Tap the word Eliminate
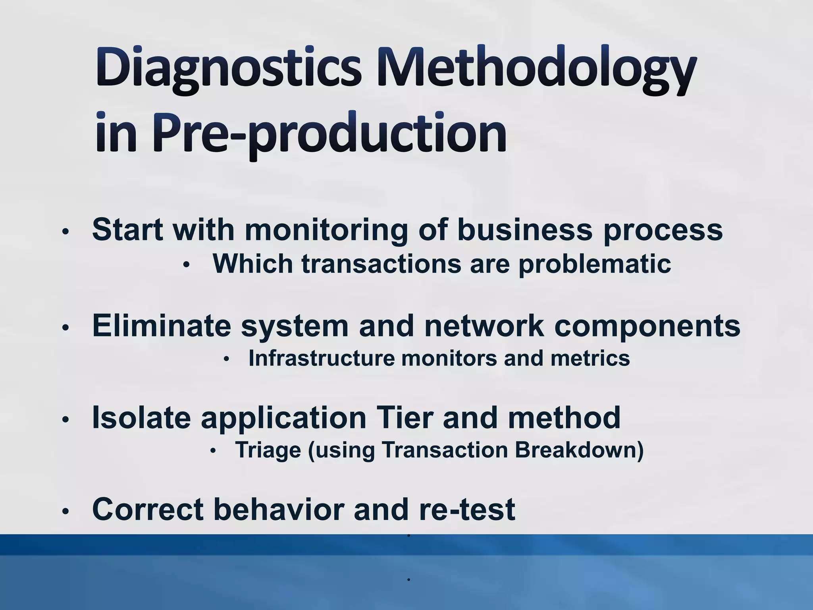161,326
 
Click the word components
647,326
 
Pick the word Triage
268,450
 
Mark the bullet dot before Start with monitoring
66,231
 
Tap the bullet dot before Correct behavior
66,512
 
